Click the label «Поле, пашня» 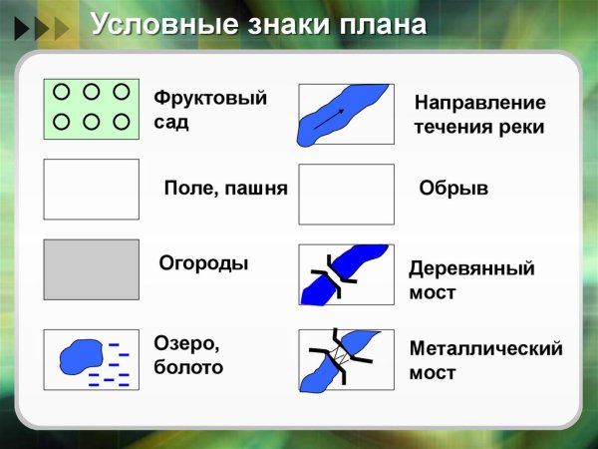point(225,188)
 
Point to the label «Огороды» point(203,264)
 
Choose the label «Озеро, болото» point(188,355)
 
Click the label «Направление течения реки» point(479,115)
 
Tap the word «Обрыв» point(453,188)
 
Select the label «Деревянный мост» point(471,280)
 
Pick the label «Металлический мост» point(485,360)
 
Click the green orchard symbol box point(91,108)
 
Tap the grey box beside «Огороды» point(91,268)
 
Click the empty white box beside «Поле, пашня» point(91,189)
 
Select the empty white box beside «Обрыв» point(346,194)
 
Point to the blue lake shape point(81,356)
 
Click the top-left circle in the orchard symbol point(60,92)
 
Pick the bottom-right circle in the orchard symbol point(122,122)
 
